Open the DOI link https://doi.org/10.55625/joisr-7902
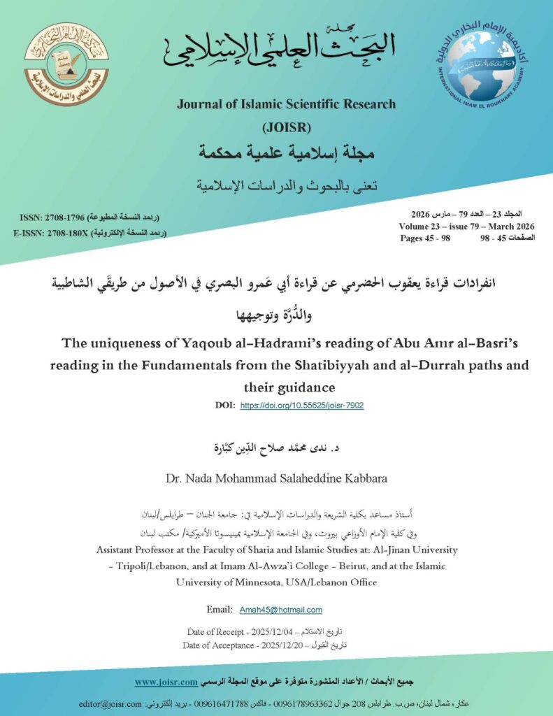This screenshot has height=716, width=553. pos(301,406)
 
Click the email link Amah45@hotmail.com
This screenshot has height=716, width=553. pos(280,610)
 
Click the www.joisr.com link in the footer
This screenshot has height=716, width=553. pos(164,681)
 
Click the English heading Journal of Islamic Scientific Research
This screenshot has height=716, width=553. pos(286,105)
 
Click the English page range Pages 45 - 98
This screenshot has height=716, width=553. pos(425,238)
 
